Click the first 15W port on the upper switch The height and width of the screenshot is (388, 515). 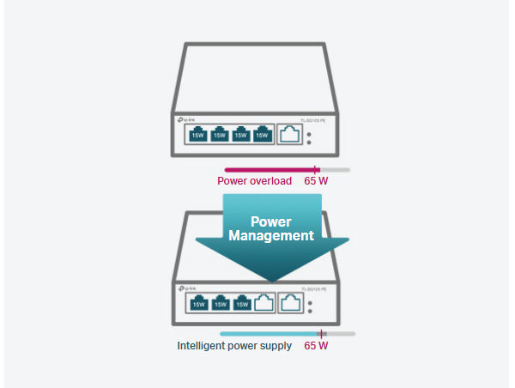[x=198, y=135]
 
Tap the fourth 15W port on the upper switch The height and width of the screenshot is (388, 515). [x=262, y=135]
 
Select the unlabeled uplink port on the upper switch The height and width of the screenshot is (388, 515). [x=290, y=135]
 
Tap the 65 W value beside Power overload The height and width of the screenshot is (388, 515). [x=316, y=181]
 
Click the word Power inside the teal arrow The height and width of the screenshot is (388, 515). [x=272, y=221]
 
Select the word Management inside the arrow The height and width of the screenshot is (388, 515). [x=272, y=234]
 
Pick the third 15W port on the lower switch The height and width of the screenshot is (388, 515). [x=242, y=303]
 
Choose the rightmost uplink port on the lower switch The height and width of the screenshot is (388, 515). [x=292, y=303]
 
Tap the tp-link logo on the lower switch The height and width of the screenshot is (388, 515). [x=185, y=288]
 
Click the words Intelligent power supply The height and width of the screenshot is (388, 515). [x=234, y=346]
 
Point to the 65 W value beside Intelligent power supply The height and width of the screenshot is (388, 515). [x=316, y=346]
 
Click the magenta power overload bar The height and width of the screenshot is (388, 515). [x=270, y=169]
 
